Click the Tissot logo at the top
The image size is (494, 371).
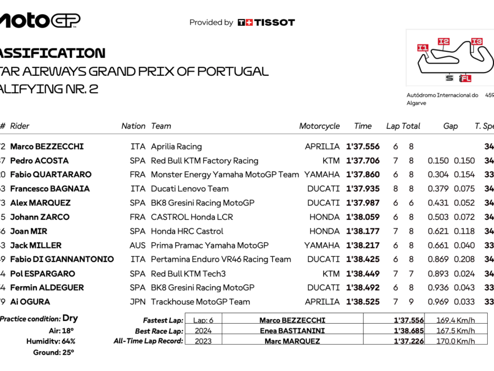[266, 22]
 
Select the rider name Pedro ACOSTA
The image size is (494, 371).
[39, 161]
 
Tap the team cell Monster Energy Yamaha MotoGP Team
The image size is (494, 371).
[225, 175]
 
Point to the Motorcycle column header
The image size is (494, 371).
[319, 126]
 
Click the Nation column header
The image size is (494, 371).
[133, 126]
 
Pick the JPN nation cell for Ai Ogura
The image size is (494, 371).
[138, 302]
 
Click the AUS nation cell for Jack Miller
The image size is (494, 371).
[138, 245]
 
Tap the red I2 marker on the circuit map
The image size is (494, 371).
[443, 41]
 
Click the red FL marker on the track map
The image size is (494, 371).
[465, 78]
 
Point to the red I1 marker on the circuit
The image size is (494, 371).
[423, 48]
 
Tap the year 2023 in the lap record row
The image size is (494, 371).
[203, 341]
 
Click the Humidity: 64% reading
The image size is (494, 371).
[51, 341]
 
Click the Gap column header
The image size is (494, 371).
[450, 126]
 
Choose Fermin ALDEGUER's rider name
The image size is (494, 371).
[47, 288]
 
